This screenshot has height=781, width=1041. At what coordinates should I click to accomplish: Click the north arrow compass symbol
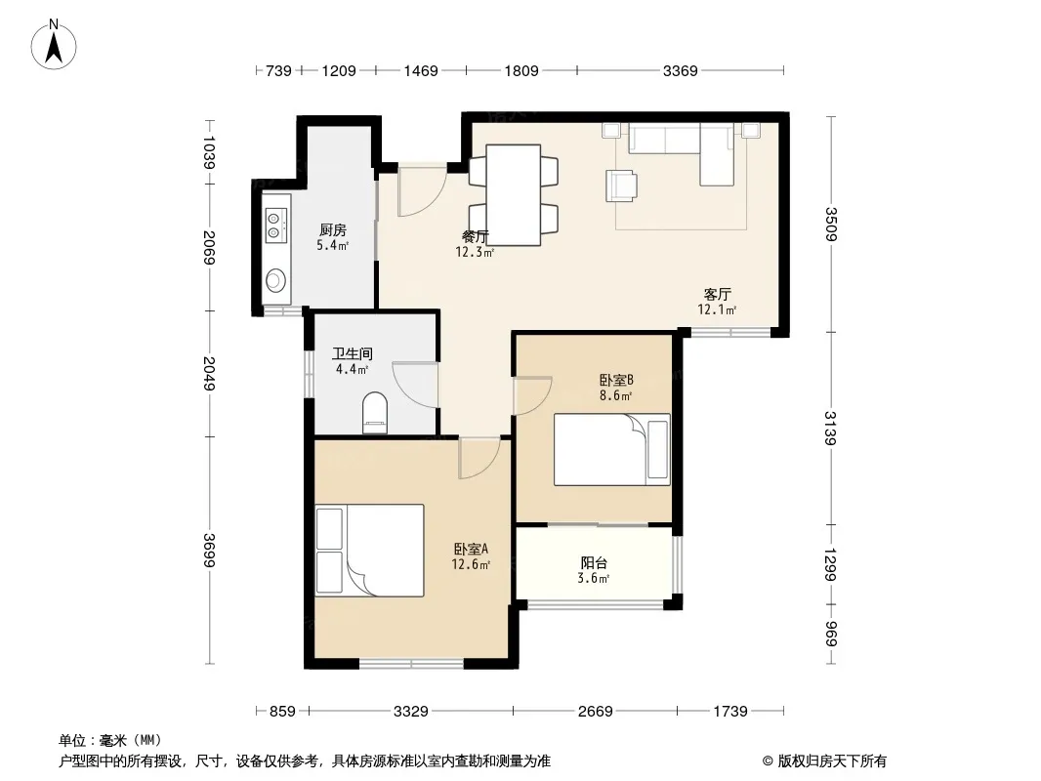coord(54,45)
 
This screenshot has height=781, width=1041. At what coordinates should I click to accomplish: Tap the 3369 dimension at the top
coord(680,70)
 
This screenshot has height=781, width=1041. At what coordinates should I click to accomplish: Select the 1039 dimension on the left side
coord(210,152)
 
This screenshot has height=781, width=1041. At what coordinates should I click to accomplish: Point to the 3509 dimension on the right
coord(830,225)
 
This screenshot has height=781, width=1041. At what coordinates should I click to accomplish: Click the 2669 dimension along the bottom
coord(595,712)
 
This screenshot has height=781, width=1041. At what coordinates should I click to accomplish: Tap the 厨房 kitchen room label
coord(333,230)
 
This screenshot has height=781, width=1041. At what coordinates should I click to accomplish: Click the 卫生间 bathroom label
coord(353,353)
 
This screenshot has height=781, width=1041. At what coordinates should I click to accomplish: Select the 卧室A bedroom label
coord(472,550)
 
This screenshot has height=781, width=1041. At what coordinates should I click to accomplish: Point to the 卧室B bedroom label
coord(616,380)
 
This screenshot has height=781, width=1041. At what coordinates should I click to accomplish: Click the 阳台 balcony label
coord(594,563)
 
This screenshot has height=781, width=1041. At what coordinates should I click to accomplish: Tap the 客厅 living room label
coord(717,294)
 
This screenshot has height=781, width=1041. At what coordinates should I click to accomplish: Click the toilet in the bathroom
coord(375,413)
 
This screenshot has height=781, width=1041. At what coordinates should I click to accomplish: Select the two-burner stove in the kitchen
coord(275,225)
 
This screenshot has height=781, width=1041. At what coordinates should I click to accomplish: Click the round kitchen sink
coord(275,281)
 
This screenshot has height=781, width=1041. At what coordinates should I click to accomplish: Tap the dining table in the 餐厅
coord(514,195)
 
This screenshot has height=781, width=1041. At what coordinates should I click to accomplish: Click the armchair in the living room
coord(621,185)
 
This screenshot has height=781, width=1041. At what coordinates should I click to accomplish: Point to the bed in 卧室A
coord(369,550)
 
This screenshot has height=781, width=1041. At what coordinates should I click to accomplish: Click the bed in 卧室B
coord(612,449)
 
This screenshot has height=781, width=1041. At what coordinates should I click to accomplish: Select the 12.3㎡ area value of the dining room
coord(475,252)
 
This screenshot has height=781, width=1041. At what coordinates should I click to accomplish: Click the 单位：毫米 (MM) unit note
coord(110,741)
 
